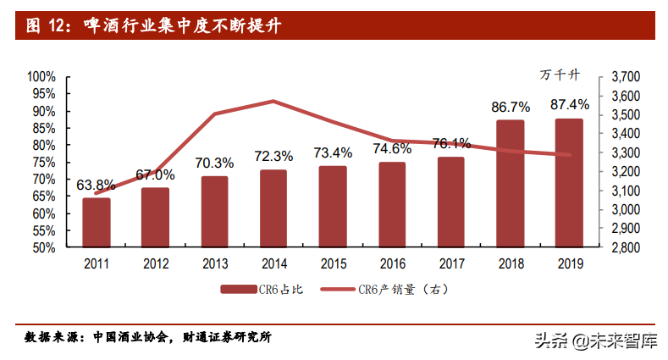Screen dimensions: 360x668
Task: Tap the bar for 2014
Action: click(x=273, y=208)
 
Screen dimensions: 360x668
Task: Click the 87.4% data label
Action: click(x=569, y=105)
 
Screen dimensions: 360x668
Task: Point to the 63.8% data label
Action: click(x=97, y=184)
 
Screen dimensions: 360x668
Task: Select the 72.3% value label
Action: click(x=273, y=156)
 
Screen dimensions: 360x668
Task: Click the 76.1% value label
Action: click(x=450, y=143)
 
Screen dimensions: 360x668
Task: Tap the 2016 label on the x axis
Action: click(x=391, y=263)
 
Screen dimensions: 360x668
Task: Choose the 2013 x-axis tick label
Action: click(x=214, y=263)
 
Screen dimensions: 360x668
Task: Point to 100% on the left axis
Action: click(x=41, y=76)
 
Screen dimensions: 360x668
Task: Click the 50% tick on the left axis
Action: click(x=44, y=248)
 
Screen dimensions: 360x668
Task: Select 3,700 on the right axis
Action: click(x=624, y=77)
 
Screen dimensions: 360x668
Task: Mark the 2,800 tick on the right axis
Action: click(x=624, y=248)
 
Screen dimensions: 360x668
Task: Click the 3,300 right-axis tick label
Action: click(x=624, y=153)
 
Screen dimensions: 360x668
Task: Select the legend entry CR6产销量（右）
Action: click(x=386, y=290)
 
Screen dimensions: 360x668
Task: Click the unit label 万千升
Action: click(x=560, y=75)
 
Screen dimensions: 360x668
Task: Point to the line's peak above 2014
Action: click(x=273, y=101)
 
